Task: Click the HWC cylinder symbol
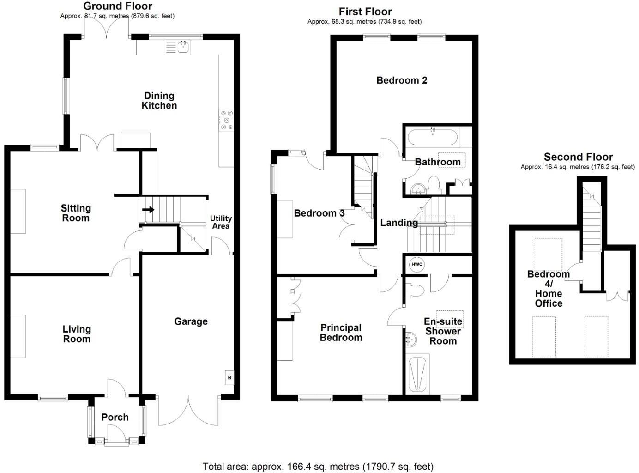pos(416,265)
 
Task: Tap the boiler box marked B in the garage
pos(229,377)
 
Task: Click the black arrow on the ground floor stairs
pos(148,210)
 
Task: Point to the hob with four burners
pos(227,120)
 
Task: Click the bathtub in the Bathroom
pos(432,137)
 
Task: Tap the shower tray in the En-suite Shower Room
pos(418,374)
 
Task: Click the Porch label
pos(115,417)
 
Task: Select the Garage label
pos(191,321)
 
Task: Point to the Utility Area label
pos(221,222)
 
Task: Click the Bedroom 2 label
pos(402,80)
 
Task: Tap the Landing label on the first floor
pos(399,223)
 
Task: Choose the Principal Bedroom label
pos(341,333)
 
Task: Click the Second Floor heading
pos(578,157)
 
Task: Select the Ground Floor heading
pos(118,6)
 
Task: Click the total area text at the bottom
pos(318,467)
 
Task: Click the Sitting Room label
pos(76,213)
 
